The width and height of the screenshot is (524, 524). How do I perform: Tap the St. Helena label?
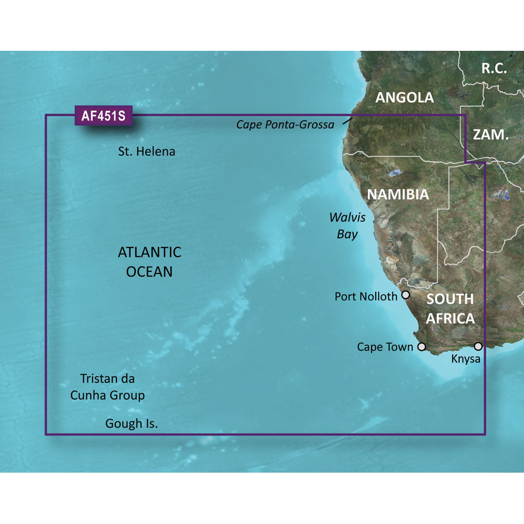(147, 152)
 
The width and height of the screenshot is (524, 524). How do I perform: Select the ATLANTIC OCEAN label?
(149, 261)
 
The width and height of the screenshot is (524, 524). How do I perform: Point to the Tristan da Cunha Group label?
(107, 387)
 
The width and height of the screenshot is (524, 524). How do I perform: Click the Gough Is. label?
(132, 423)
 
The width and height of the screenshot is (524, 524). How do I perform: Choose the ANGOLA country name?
(405, 97)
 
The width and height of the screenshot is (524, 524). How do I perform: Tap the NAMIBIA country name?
(398, 194)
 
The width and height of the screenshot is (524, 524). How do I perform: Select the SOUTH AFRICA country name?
(450, 309)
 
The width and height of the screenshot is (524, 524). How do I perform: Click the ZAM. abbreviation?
(490, 135)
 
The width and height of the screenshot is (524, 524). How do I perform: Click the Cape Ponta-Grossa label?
(285, 125)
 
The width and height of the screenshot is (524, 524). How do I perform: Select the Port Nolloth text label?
(366, 297)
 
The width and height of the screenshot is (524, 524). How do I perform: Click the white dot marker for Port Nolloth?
(406, 295)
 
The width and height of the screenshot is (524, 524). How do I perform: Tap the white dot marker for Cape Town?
(421, 347)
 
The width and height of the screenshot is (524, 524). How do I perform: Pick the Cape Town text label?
(385, 347)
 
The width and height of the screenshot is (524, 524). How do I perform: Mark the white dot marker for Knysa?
(478, 346)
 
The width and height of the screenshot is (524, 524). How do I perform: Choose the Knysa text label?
(465, 359)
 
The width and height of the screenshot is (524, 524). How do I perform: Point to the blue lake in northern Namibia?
(395, 173)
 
